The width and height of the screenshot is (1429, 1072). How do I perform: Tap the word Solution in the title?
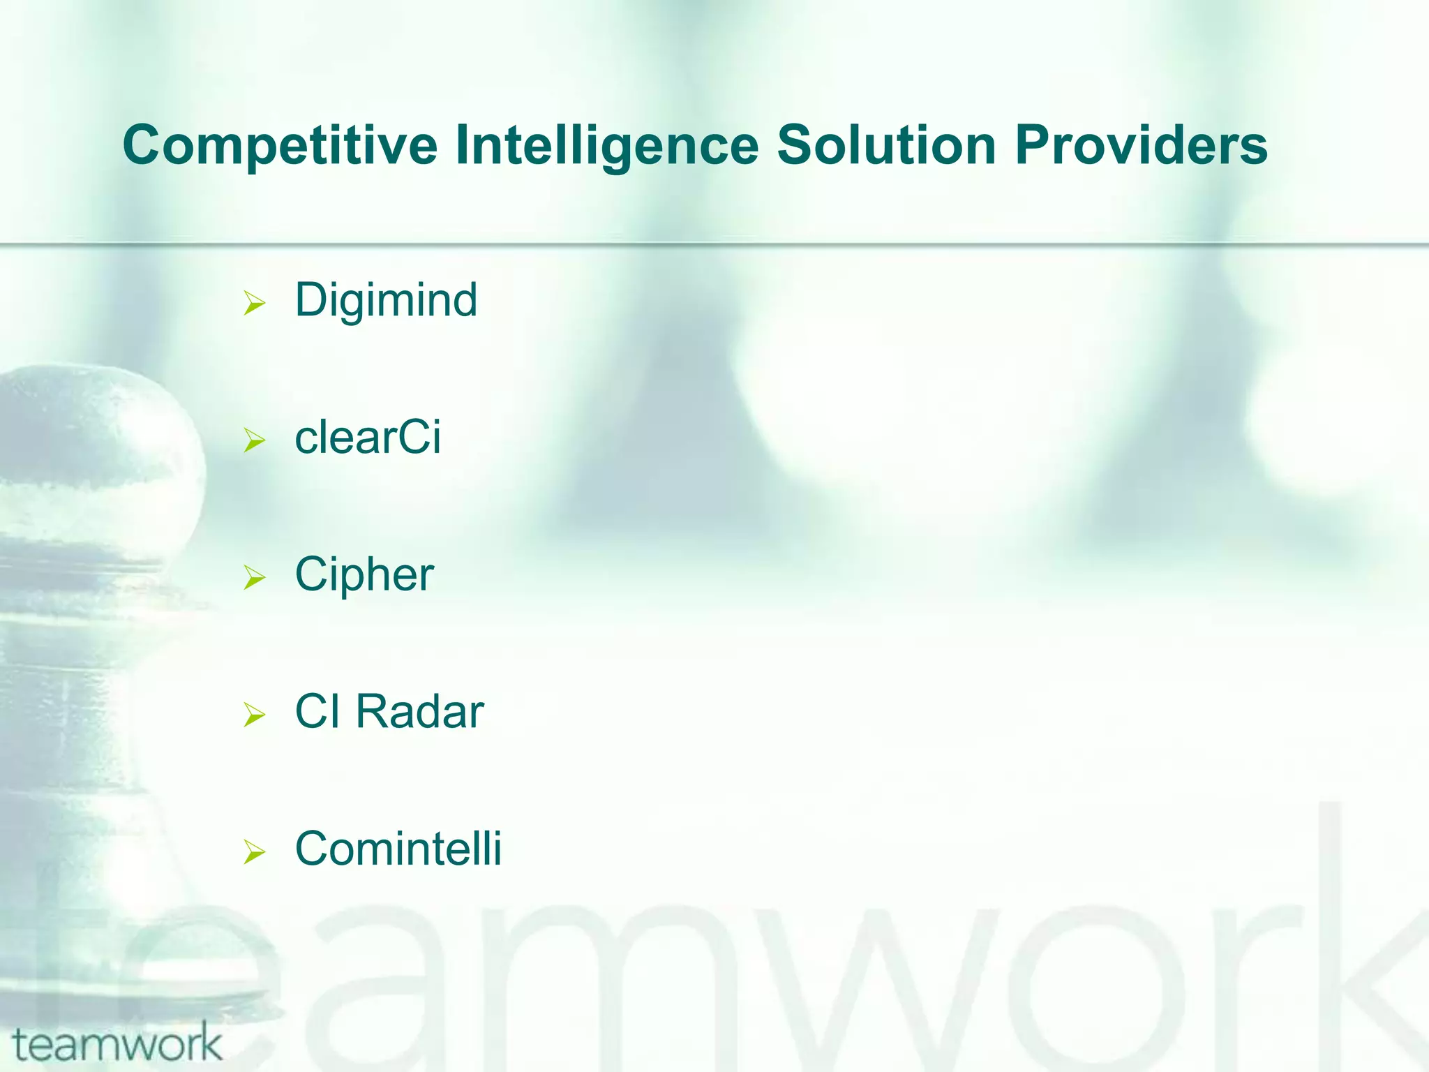886,145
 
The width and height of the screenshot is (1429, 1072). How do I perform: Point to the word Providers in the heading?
1141,145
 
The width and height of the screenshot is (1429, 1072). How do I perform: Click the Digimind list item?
386,301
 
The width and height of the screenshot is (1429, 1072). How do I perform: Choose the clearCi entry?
368,438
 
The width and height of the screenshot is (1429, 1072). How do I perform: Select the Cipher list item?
364,575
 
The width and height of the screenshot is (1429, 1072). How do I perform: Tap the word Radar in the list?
419,713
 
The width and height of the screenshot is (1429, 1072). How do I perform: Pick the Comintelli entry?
398,849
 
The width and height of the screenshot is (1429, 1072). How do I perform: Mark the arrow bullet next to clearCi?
255,441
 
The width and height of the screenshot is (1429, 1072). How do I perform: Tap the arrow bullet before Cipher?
255,578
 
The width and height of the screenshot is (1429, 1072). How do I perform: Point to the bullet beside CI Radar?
255,715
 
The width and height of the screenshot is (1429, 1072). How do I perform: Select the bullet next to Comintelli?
255,852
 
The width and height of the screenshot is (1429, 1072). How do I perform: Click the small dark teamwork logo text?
117,1044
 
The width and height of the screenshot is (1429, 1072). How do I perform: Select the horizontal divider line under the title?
714,244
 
